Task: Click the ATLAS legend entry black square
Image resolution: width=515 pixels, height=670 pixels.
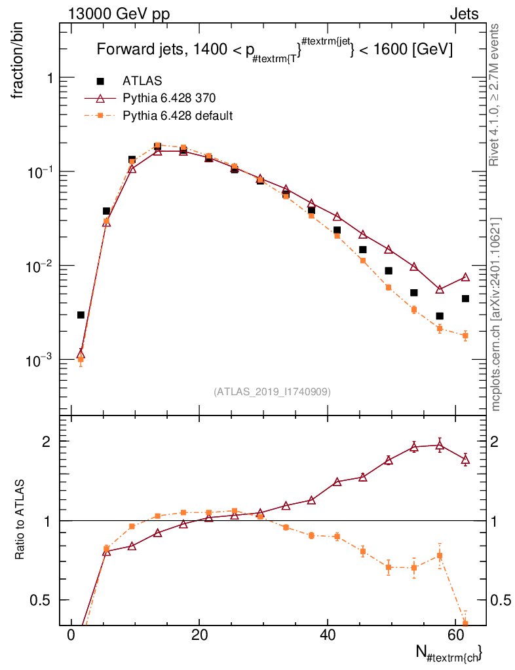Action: pos(101,81)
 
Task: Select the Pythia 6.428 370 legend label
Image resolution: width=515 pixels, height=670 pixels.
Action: pos(169,98)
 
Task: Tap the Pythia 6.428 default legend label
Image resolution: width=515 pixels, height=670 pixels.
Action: pos(178,116)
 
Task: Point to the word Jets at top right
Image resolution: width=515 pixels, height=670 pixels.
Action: pos(464,14)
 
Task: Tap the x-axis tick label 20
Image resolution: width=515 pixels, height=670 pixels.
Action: pos(200,634)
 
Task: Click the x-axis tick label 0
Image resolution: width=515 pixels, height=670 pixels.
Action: pos(71,634)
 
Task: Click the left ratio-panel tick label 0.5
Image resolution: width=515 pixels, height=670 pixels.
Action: pos(43,600)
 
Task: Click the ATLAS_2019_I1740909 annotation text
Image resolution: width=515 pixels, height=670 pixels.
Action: pos(272,392)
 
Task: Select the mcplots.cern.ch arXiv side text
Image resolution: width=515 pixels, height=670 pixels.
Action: pos(497,314)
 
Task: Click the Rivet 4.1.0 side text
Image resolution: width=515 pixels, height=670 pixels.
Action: pos(495,95)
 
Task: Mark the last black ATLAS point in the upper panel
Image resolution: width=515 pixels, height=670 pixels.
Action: pos(465,298)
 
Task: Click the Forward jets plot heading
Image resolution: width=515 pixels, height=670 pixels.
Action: pos(275,50)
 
